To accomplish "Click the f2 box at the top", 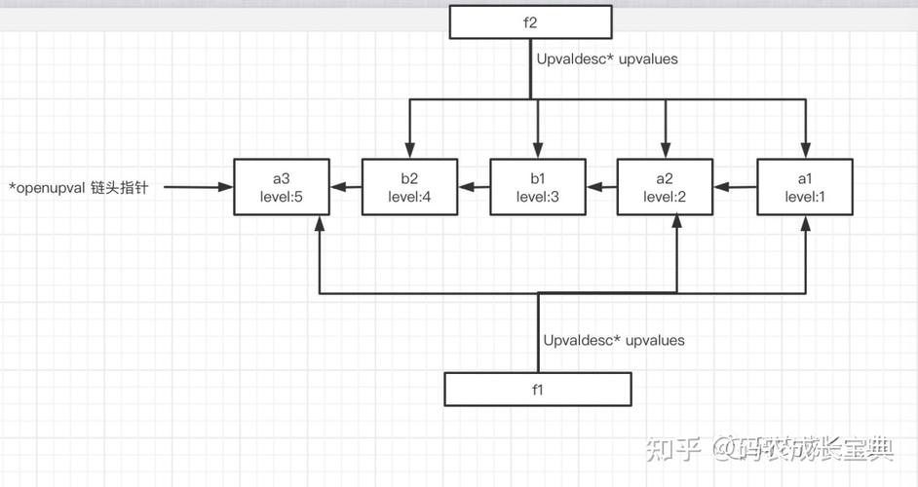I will (530, 21).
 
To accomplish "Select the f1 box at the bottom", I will (537, 389).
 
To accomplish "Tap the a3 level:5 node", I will (281, 187).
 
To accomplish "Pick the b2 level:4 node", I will (409, 187).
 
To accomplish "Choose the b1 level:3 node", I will (537, 187).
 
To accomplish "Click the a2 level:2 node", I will (665, 187).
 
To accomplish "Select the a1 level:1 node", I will (805, 187).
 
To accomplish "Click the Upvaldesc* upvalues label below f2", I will (607, 59).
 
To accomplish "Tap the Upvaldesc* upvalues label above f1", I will (614, 341).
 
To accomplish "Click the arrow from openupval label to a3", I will (199, 187).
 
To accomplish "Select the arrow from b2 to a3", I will (345, 187).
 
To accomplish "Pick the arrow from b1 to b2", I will (474, 187).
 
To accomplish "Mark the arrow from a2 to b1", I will (601, 187).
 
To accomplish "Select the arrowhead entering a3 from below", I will (320, 223).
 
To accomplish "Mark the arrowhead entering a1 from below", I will (805, 223).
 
